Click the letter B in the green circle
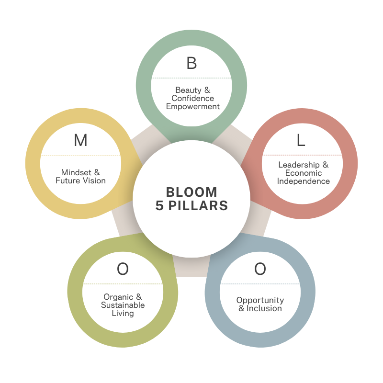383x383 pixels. pos(191,63)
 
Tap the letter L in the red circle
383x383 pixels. pos(301,140)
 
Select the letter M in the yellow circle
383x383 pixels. pos(80,140)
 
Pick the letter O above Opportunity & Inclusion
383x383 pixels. pos(260,269)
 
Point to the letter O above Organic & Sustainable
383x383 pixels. pos(123,269)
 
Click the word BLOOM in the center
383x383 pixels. pos(191,192)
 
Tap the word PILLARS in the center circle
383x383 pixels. pos(198,206)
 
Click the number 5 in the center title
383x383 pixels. pos(160,206)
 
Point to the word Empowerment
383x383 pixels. pos(192,106)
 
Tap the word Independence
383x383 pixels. pos(304,181)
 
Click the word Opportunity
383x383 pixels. pos(260,300)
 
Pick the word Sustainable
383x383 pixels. pos(123,305)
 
